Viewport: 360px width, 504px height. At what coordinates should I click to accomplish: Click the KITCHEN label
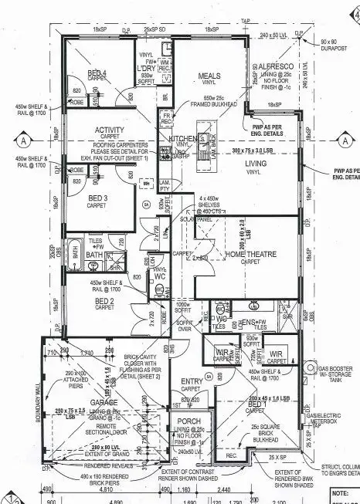[x=182, y=138]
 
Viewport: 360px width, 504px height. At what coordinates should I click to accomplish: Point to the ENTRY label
[x=191, y=381]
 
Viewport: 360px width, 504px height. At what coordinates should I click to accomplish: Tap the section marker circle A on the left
[x=25, y=141]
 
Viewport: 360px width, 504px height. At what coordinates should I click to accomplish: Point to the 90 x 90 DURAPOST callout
[x=332, y=46]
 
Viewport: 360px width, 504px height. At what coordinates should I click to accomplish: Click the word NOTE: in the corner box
[x=340, y=492]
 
